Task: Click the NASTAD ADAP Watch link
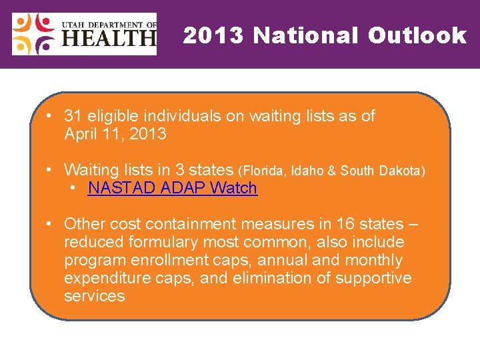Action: coord(172,188)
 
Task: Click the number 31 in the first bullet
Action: coord(73,116)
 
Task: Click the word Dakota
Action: coord(401,171)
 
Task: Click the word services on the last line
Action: coord(94,296)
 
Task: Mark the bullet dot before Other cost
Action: coord(50,224)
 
